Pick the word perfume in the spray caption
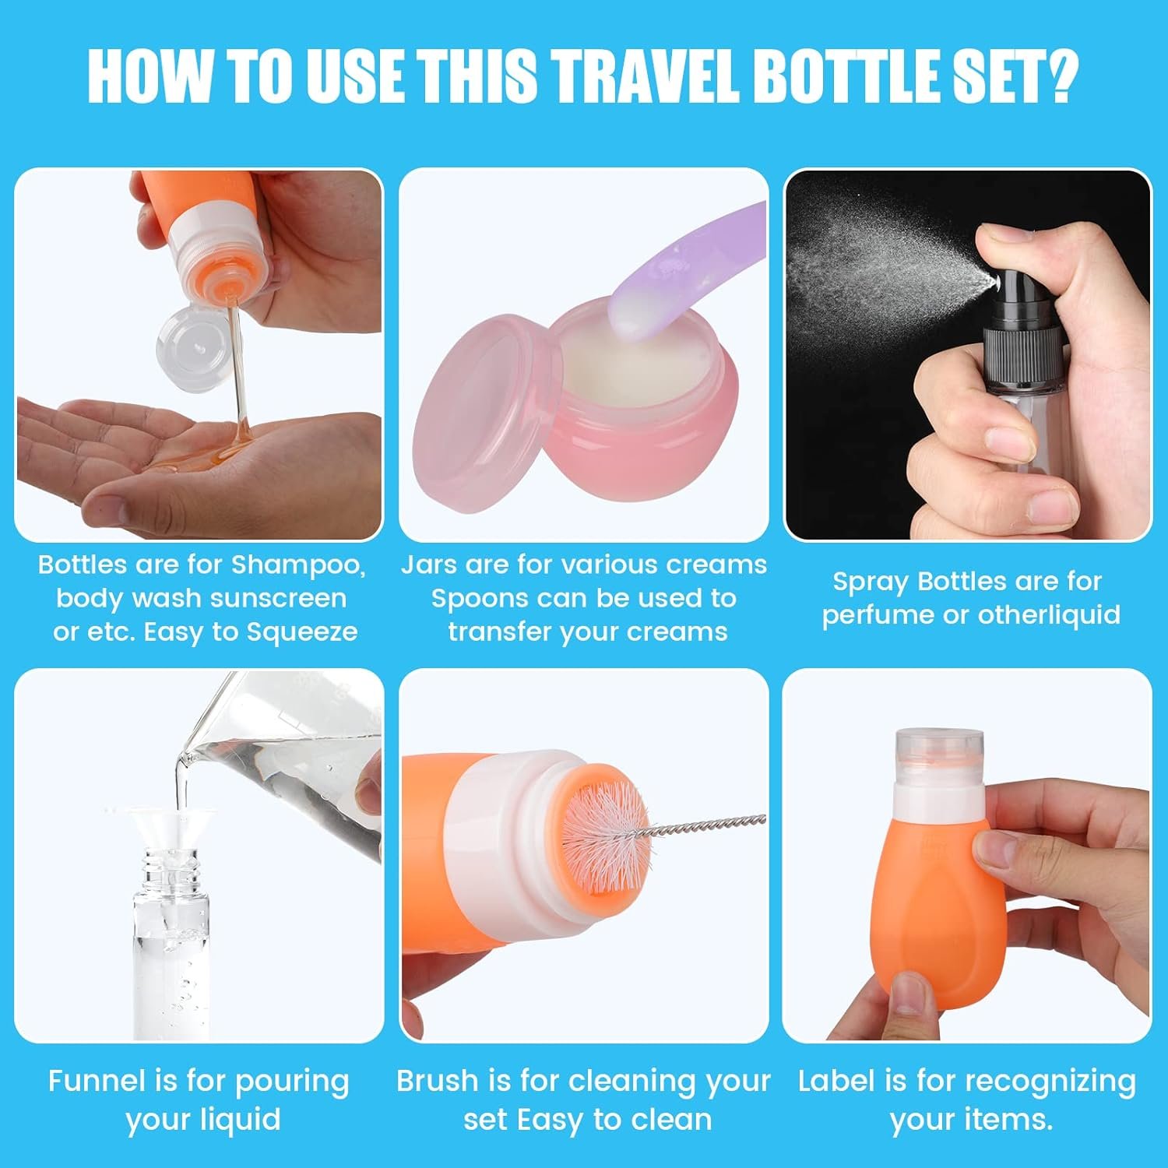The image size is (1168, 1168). coord(878,616)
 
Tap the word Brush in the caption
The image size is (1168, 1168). coord(437,1081)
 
